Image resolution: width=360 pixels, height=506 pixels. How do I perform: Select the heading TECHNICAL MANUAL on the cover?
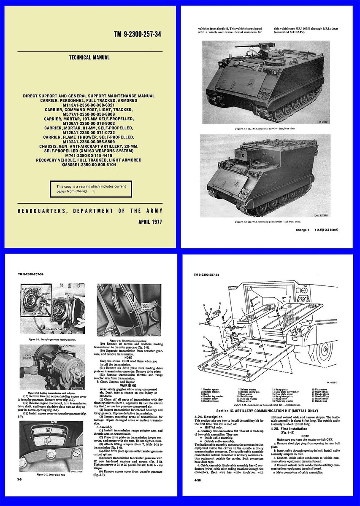(89, 57)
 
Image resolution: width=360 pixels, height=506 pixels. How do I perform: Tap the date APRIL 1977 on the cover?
(151, 221)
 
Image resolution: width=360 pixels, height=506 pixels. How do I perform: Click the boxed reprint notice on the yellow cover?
(91, 188)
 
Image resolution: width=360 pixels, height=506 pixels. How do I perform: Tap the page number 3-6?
(20, 480)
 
